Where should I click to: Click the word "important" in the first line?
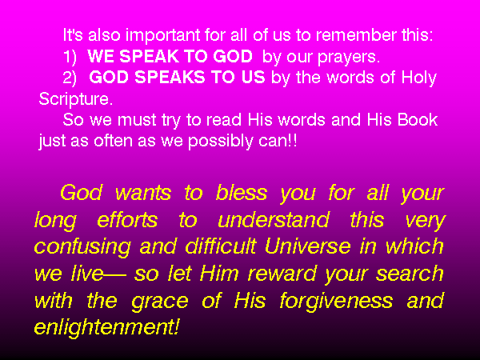tap(163, 36)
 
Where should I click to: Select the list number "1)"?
tap(70, 57)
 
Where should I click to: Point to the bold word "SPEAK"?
tap(148, 56)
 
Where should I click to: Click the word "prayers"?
tap(349, 58)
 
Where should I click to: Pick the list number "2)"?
tap(70, 78)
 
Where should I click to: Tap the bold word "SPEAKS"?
tap(170, 77)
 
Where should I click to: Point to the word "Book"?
tap(418, 119)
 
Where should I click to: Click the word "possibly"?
tap(220, 142)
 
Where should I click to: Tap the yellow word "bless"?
tap(242, 193)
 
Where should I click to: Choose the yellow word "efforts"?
tap(127, 219)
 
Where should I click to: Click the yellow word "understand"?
tap(274, 219)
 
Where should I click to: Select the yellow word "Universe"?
tap(308, 246)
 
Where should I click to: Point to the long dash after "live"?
tap(115, 275)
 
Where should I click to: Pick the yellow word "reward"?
tap(282, 273)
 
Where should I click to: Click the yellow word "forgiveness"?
tap(336, 302)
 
